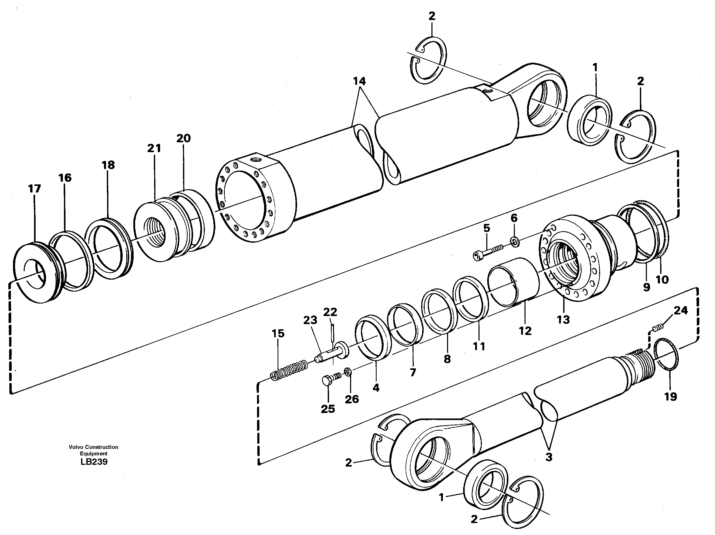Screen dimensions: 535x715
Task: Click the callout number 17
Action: [34, 189]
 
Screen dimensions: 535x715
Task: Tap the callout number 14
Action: [359, 81]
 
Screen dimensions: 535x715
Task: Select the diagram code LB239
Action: [94, 462]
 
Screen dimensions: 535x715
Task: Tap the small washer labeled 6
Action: [515, 241]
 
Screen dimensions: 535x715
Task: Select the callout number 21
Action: [154, 149]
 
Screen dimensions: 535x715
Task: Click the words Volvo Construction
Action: [93, 447]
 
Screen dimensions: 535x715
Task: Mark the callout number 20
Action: [183, 138]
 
